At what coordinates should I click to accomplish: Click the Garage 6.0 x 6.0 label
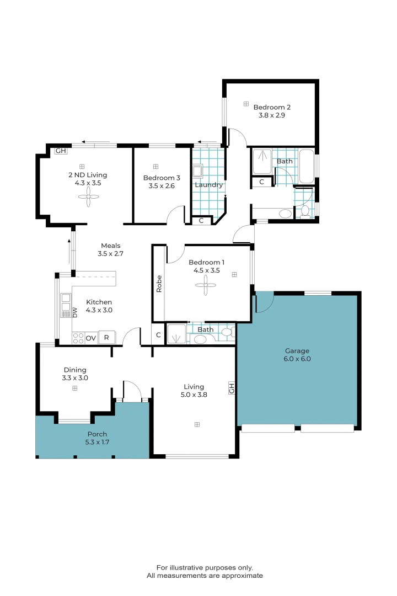(297, 355)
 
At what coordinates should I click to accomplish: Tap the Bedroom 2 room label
(272, 107)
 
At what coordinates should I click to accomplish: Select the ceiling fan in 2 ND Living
(89, 197)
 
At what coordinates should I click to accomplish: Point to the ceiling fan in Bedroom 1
(206, 285)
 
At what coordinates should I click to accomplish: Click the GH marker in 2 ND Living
(61, 151)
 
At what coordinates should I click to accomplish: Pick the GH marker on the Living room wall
(232, 388)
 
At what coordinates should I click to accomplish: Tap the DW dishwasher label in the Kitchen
(75, 312)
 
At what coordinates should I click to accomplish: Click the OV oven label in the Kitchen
(91, 338)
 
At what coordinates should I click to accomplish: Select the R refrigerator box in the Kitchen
(107, 337)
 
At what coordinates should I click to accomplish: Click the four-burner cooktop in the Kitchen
(78, 338)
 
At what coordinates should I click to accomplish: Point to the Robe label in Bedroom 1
(159, 284)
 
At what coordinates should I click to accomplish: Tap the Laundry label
(208, 185)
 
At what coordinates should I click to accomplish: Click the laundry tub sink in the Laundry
(197, 171)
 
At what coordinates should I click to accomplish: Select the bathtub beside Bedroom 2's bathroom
(307, 167)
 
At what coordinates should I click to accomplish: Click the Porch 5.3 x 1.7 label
(97, 438)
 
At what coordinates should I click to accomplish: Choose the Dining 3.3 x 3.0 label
(75, 374)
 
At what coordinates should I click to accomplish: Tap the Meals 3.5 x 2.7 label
(110, 249)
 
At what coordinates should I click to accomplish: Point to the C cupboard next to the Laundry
(201, 220)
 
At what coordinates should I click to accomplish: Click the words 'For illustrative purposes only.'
(205, 567)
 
